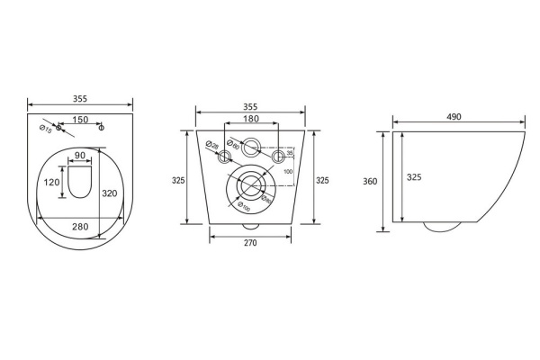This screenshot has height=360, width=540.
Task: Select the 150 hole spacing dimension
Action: point(81,120)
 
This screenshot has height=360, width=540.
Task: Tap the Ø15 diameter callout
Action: point(44,129)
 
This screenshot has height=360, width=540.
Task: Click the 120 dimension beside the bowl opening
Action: point(50,182)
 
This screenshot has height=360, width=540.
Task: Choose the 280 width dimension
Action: point(80,227)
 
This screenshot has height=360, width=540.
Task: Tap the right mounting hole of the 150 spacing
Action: point(101,127)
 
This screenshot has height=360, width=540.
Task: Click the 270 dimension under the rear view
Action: point(251,244)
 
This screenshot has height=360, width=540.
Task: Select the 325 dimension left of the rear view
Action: point(177,181)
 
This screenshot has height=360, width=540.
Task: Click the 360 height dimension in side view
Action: point(370,181)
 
